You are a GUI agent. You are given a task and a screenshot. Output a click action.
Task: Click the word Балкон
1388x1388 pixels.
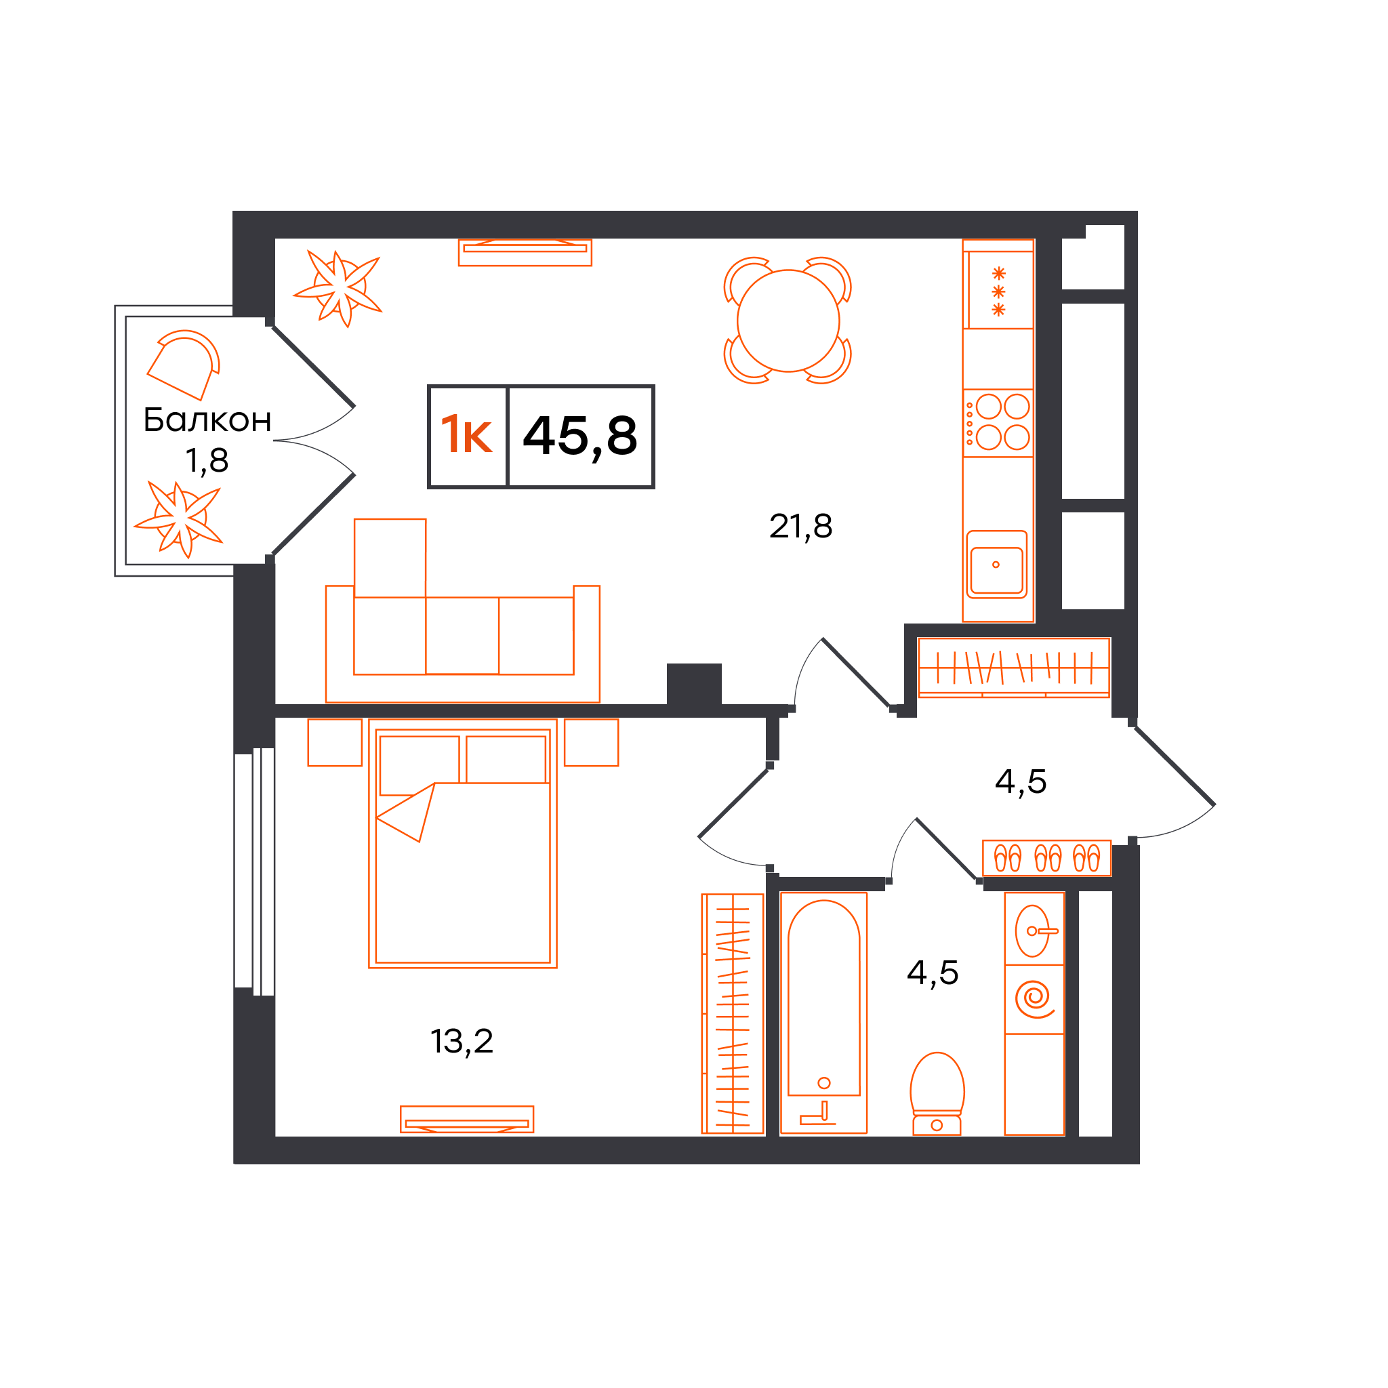(x=207, y=420)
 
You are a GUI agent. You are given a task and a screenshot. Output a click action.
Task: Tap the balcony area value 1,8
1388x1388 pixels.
(x=207, y=460)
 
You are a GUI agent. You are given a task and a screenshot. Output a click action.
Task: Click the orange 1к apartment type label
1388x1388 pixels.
(x=467, y=434)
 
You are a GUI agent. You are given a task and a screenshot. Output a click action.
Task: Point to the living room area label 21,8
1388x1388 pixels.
(x=800, y=527)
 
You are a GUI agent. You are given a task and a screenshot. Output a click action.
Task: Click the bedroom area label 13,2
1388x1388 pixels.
(x=462, y=1042)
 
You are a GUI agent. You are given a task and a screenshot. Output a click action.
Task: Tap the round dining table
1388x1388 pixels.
(x=788, y=321)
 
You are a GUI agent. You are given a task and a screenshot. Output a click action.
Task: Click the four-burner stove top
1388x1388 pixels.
(x=998, y=423)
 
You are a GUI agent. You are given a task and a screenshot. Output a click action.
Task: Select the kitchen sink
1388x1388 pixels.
(x=996, y=565)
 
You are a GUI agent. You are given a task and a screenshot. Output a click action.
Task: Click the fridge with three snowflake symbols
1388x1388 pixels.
(x=998, y=285)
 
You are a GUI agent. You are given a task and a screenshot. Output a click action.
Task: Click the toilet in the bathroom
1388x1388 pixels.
(x=937, y=1093)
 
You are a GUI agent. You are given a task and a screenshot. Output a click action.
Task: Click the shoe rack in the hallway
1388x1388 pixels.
(x=1046, y=858)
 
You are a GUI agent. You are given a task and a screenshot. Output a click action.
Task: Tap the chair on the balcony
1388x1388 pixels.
(x=184, y=365)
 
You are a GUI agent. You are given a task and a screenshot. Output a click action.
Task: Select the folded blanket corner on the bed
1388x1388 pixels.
(x=407, y=813)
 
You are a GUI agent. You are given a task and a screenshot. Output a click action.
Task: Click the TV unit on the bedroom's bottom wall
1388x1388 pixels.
(x=467, y=1120)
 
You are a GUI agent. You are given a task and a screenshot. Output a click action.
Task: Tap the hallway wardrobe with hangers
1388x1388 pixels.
(x=1014, y=668)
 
